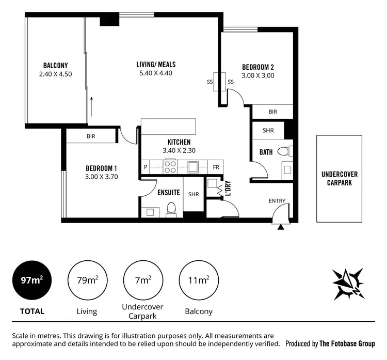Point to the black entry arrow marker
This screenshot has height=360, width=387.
(280, 227)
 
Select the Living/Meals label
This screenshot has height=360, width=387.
(156, 65)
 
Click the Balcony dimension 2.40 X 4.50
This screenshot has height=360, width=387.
(55, 74)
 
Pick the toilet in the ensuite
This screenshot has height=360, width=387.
(172, 209)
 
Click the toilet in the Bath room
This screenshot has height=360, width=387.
(283, 152)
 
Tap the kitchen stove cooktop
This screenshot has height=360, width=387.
(170, 167)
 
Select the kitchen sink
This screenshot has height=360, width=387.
(194, 167)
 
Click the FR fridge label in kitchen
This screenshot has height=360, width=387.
(216, 167)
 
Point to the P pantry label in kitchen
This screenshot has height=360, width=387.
(146, 167)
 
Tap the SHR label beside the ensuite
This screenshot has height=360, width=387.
(193, 195)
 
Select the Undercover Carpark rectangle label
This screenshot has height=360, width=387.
(339, 178)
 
